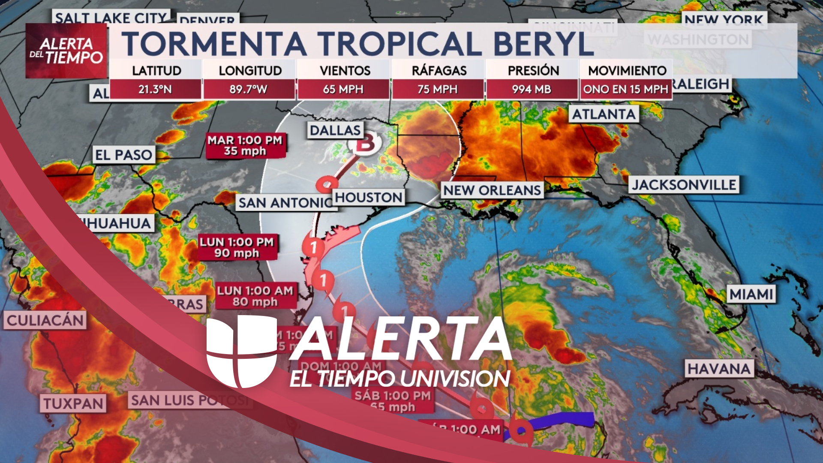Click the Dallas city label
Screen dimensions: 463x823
335,130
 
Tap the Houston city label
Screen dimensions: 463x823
368,197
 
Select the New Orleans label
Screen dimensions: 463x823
492,190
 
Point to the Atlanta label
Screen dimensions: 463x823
604,114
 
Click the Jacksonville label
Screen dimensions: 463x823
684,185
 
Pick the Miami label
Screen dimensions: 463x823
751,294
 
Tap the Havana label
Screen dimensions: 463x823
719,369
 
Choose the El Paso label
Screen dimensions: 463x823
123,155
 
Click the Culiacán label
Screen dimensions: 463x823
45,320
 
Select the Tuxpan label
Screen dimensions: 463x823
73,403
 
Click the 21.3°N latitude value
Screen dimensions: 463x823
155,90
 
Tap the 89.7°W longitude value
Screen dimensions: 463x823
249,90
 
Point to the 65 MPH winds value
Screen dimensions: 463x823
343,90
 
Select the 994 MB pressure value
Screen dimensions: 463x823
532,90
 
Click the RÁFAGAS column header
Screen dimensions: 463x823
439,70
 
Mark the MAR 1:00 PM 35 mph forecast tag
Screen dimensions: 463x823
245,146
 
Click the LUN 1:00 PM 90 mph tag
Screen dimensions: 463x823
237,247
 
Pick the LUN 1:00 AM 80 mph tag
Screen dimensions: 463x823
255,296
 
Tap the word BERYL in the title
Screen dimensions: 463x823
543,44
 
